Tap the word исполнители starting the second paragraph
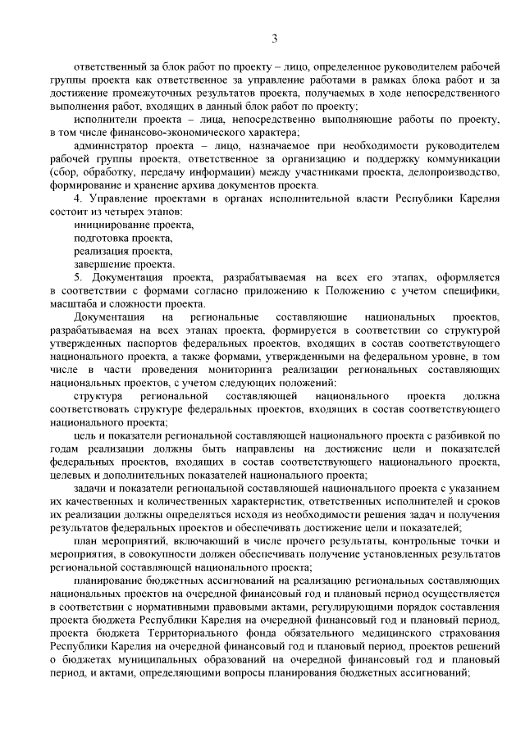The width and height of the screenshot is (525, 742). (103, 119)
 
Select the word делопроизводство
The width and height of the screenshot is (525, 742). (455, 171)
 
